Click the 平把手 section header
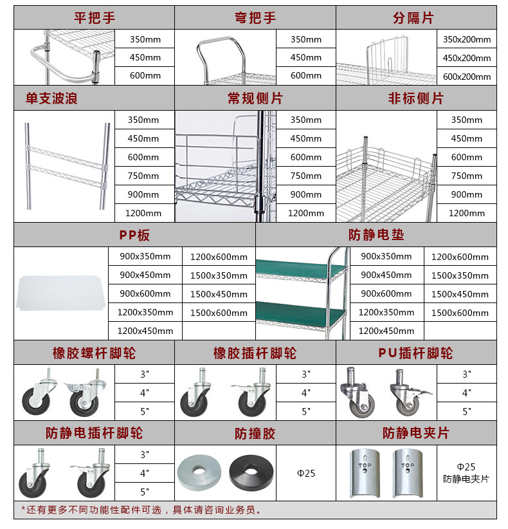[x=94, y=17]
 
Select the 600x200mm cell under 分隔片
[x=466, y=77]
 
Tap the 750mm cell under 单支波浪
[x=144, y=176]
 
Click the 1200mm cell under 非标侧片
[x=466, y=213]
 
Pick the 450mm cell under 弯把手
[x=305, y=57]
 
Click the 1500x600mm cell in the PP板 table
[x=218, y=313]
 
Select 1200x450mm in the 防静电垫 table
[x=386, y=331]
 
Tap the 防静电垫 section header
[x=376, y=235]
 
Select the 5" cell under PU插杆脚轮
[x=466, y=411]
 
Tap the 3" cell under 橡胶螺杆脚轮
[x=144, y=374]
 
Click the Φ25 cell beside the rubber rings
[x=305, y=473]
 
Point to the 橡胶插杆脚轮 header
[x=255, y=353]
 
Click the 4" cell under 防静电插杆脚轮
[x=144, y=473]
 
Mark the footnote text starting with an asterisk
[x=141, y=510]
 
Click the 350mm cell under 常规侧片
[x=305, y=120]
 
